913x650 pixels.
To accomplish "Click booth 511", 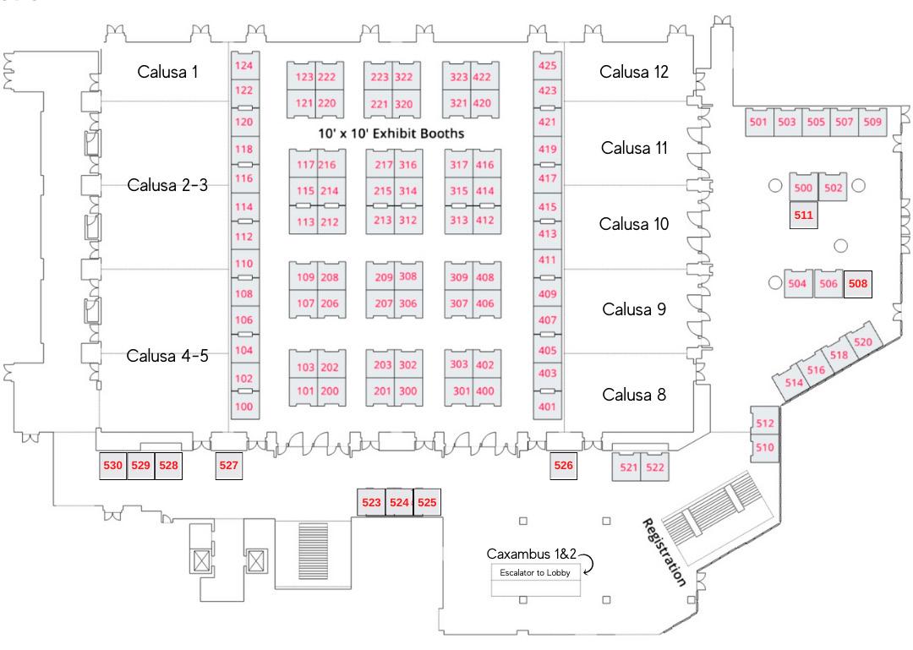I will (803, 215).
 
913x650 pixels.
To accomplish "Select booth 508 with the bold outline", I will (857, 284).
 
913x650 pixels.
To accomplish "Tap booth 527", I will (228, 466).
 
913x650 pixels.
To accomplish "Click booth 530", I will (113, 466).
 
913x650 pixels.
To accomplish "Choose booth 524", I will (399, 502).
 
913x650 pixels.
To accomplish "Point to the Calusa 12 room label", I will (634, 72).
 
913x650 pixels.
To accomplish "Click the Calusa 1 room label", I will (167, 72).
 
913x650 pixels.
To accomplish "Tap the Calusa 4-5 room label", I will (167, 355).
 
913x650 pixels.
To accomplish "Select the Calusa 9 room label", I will (634, 309).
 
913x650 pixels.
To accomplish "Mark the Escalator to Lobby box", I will (535, 572).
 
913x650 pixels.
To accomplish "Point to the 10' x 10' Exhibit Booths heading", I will (391, 134).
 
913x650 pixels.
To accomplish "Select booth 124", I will (243, 65).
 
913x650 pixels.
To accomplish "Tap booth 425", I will (548, 65).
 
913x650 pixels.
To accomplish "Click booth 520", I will (862, 342).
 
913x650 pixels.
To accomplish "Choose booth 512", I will (764, 423).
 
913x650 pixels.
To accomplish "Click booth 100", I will (243, 407).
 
